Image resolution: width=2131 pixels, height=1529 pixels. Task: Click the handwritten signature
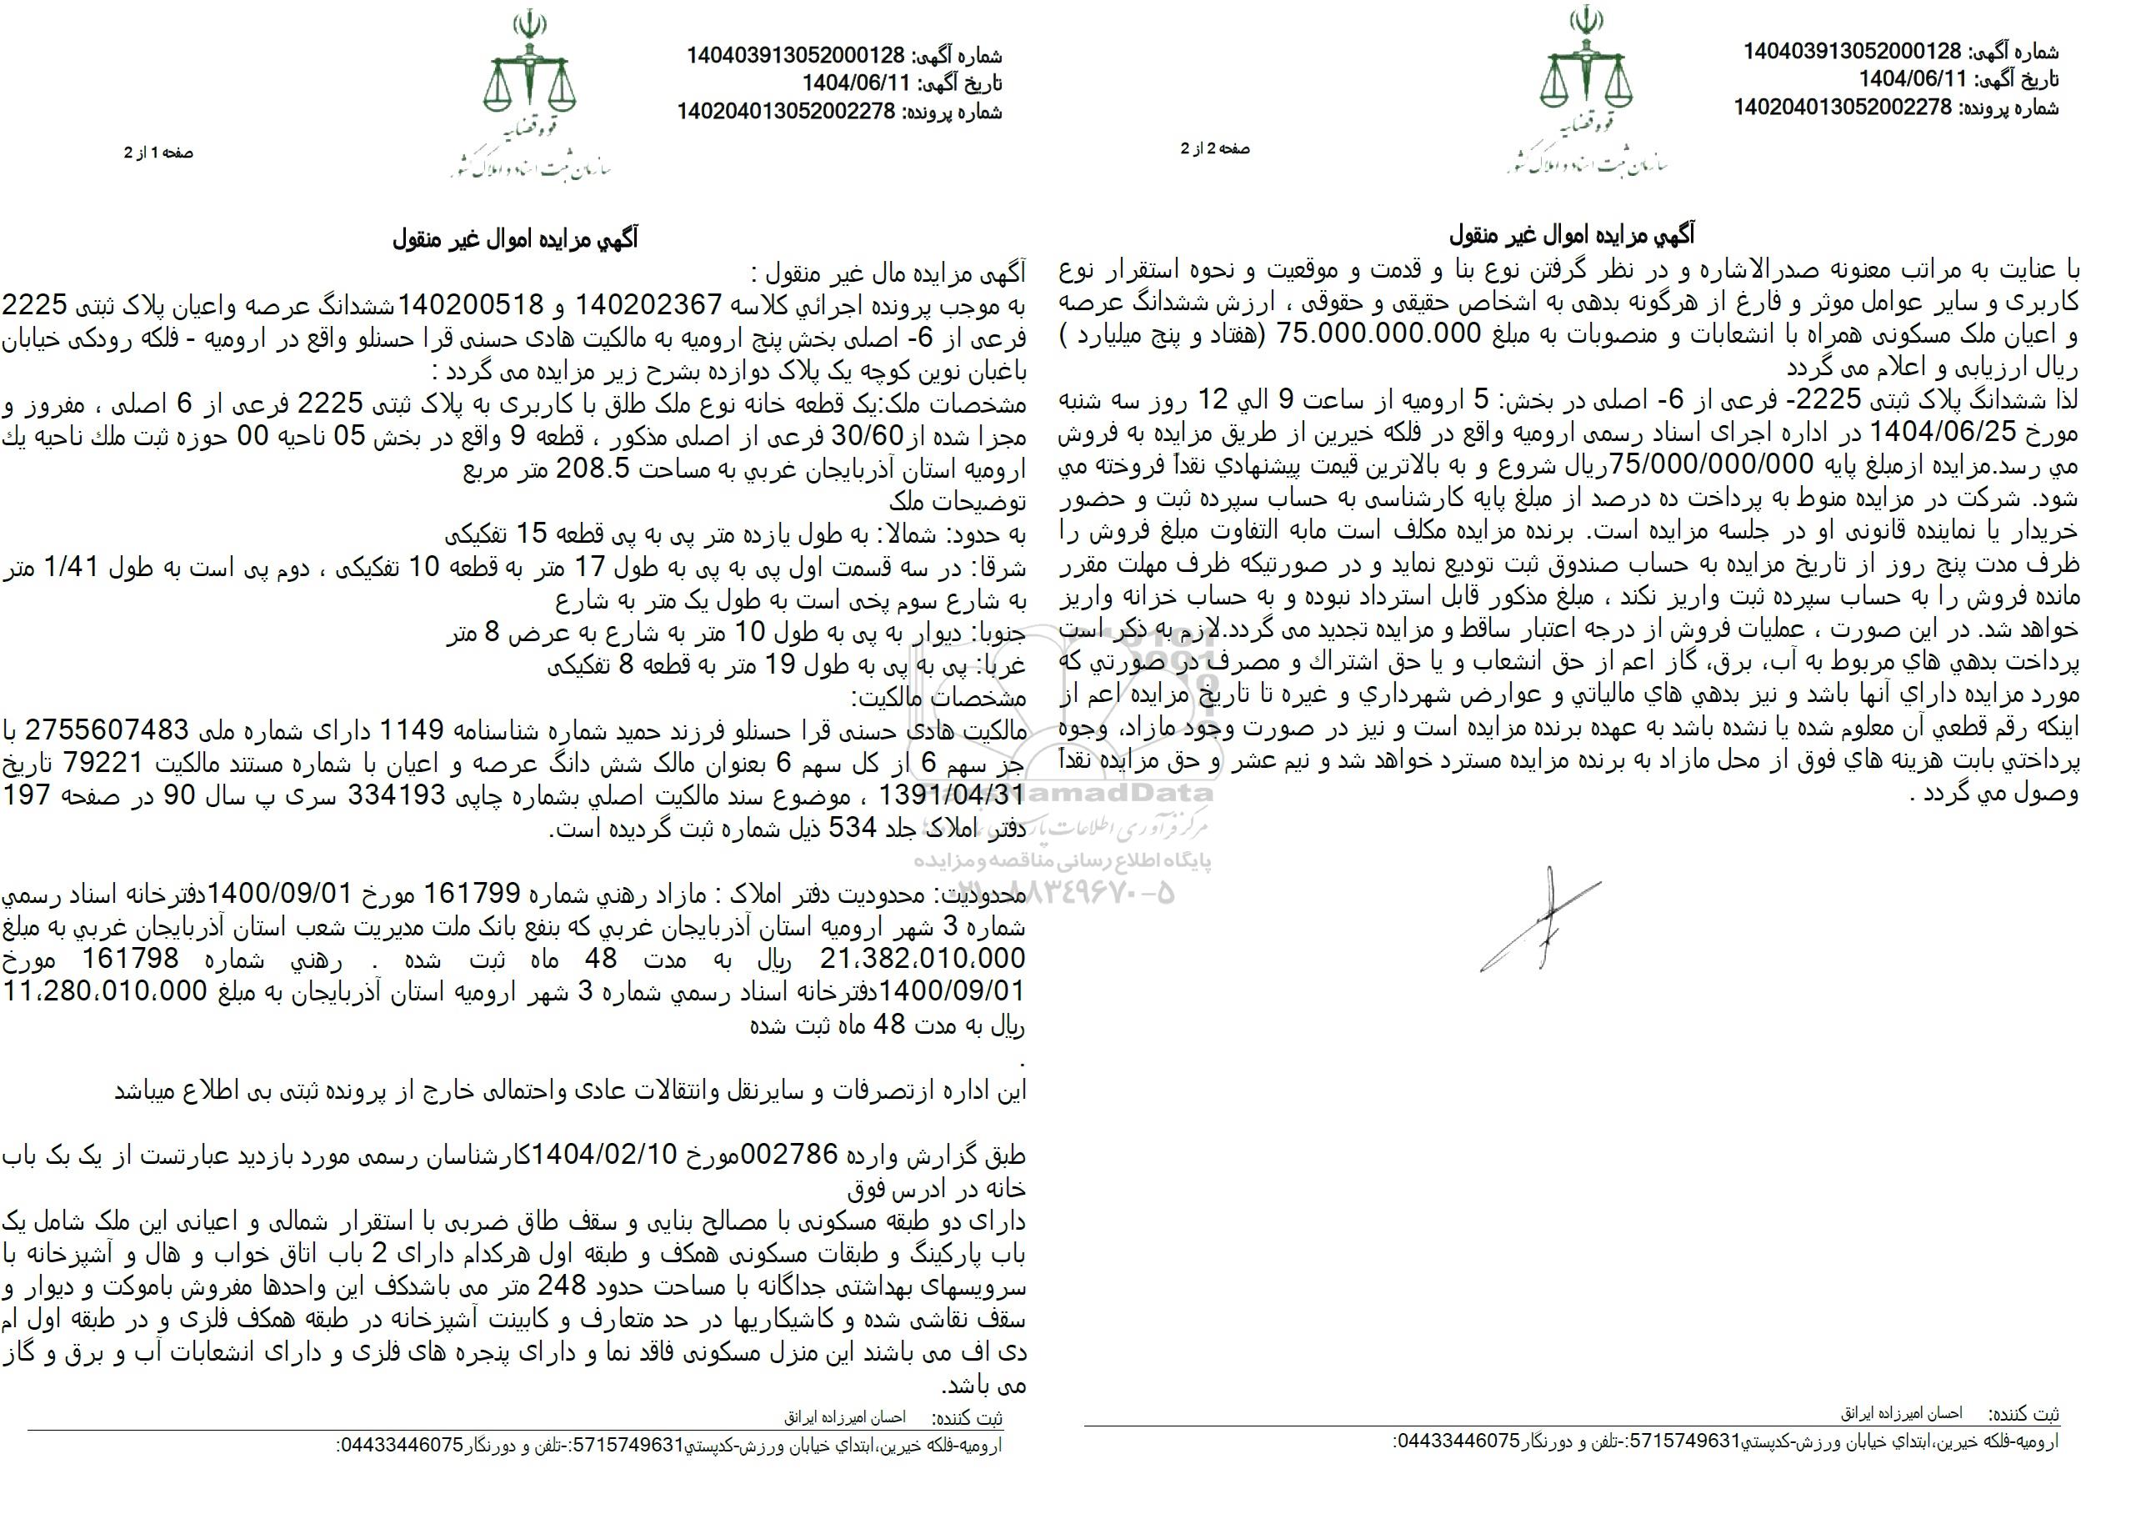(x=1540, y=915)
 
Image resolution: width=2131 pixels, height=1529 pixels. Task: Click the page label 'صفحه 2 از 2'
(x=1215, y=148)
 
